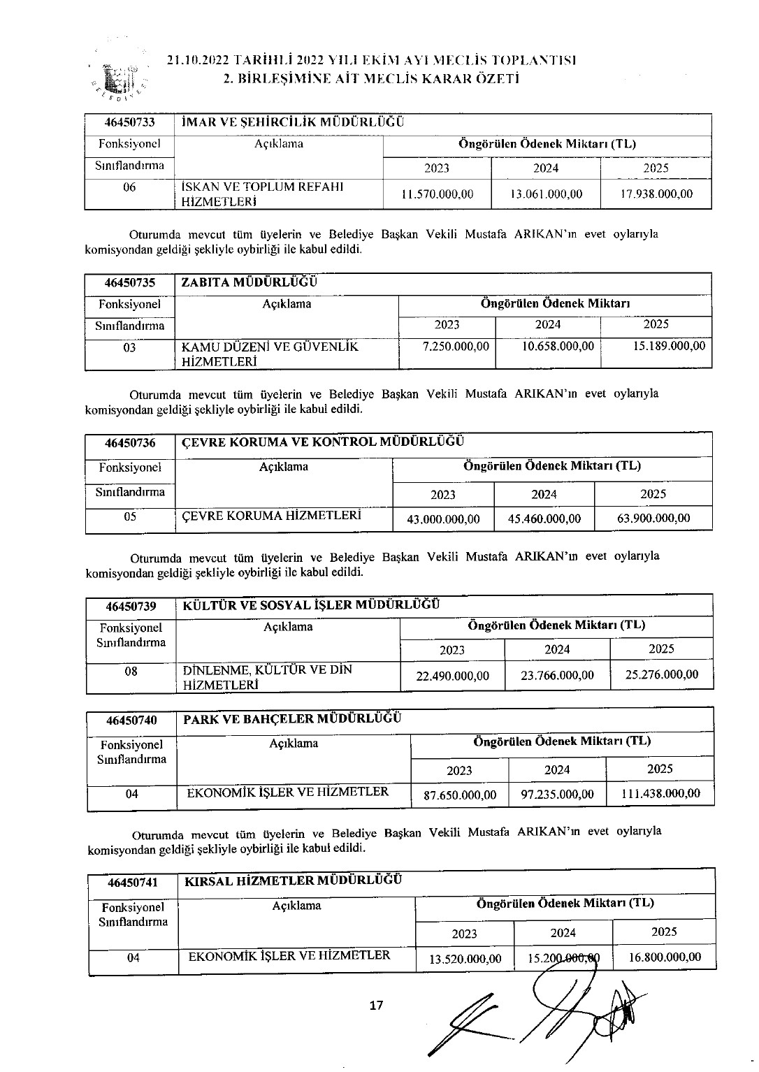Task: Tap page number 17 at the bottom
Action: coord(376,1006)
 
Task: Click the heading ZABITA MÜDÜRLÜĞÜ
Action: coord(249,282)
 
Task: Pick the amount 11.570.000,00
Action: coord(438,194)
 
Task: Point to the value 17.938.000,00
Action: coord(656,194)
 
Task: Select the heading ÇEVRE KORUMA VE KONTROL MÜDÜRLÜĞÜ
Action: coord(323,442)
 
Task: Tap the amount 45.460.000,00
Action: coord(544,519)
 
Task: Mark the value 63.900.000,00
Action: coord(654,518)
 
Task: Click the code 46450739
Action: coord(131,606)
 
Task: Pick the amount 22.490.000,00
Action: coord(452,676)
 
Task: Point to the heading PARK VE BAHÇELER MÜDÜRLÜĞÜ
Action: coord(292,718)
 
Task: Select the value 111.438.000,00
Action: coord(660,793)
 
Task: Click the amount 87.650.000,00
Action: coord(460,795)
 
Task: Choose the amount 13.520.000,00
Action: coord(465,959)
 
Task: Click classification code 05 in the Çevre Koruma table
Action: coord(129,517)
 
